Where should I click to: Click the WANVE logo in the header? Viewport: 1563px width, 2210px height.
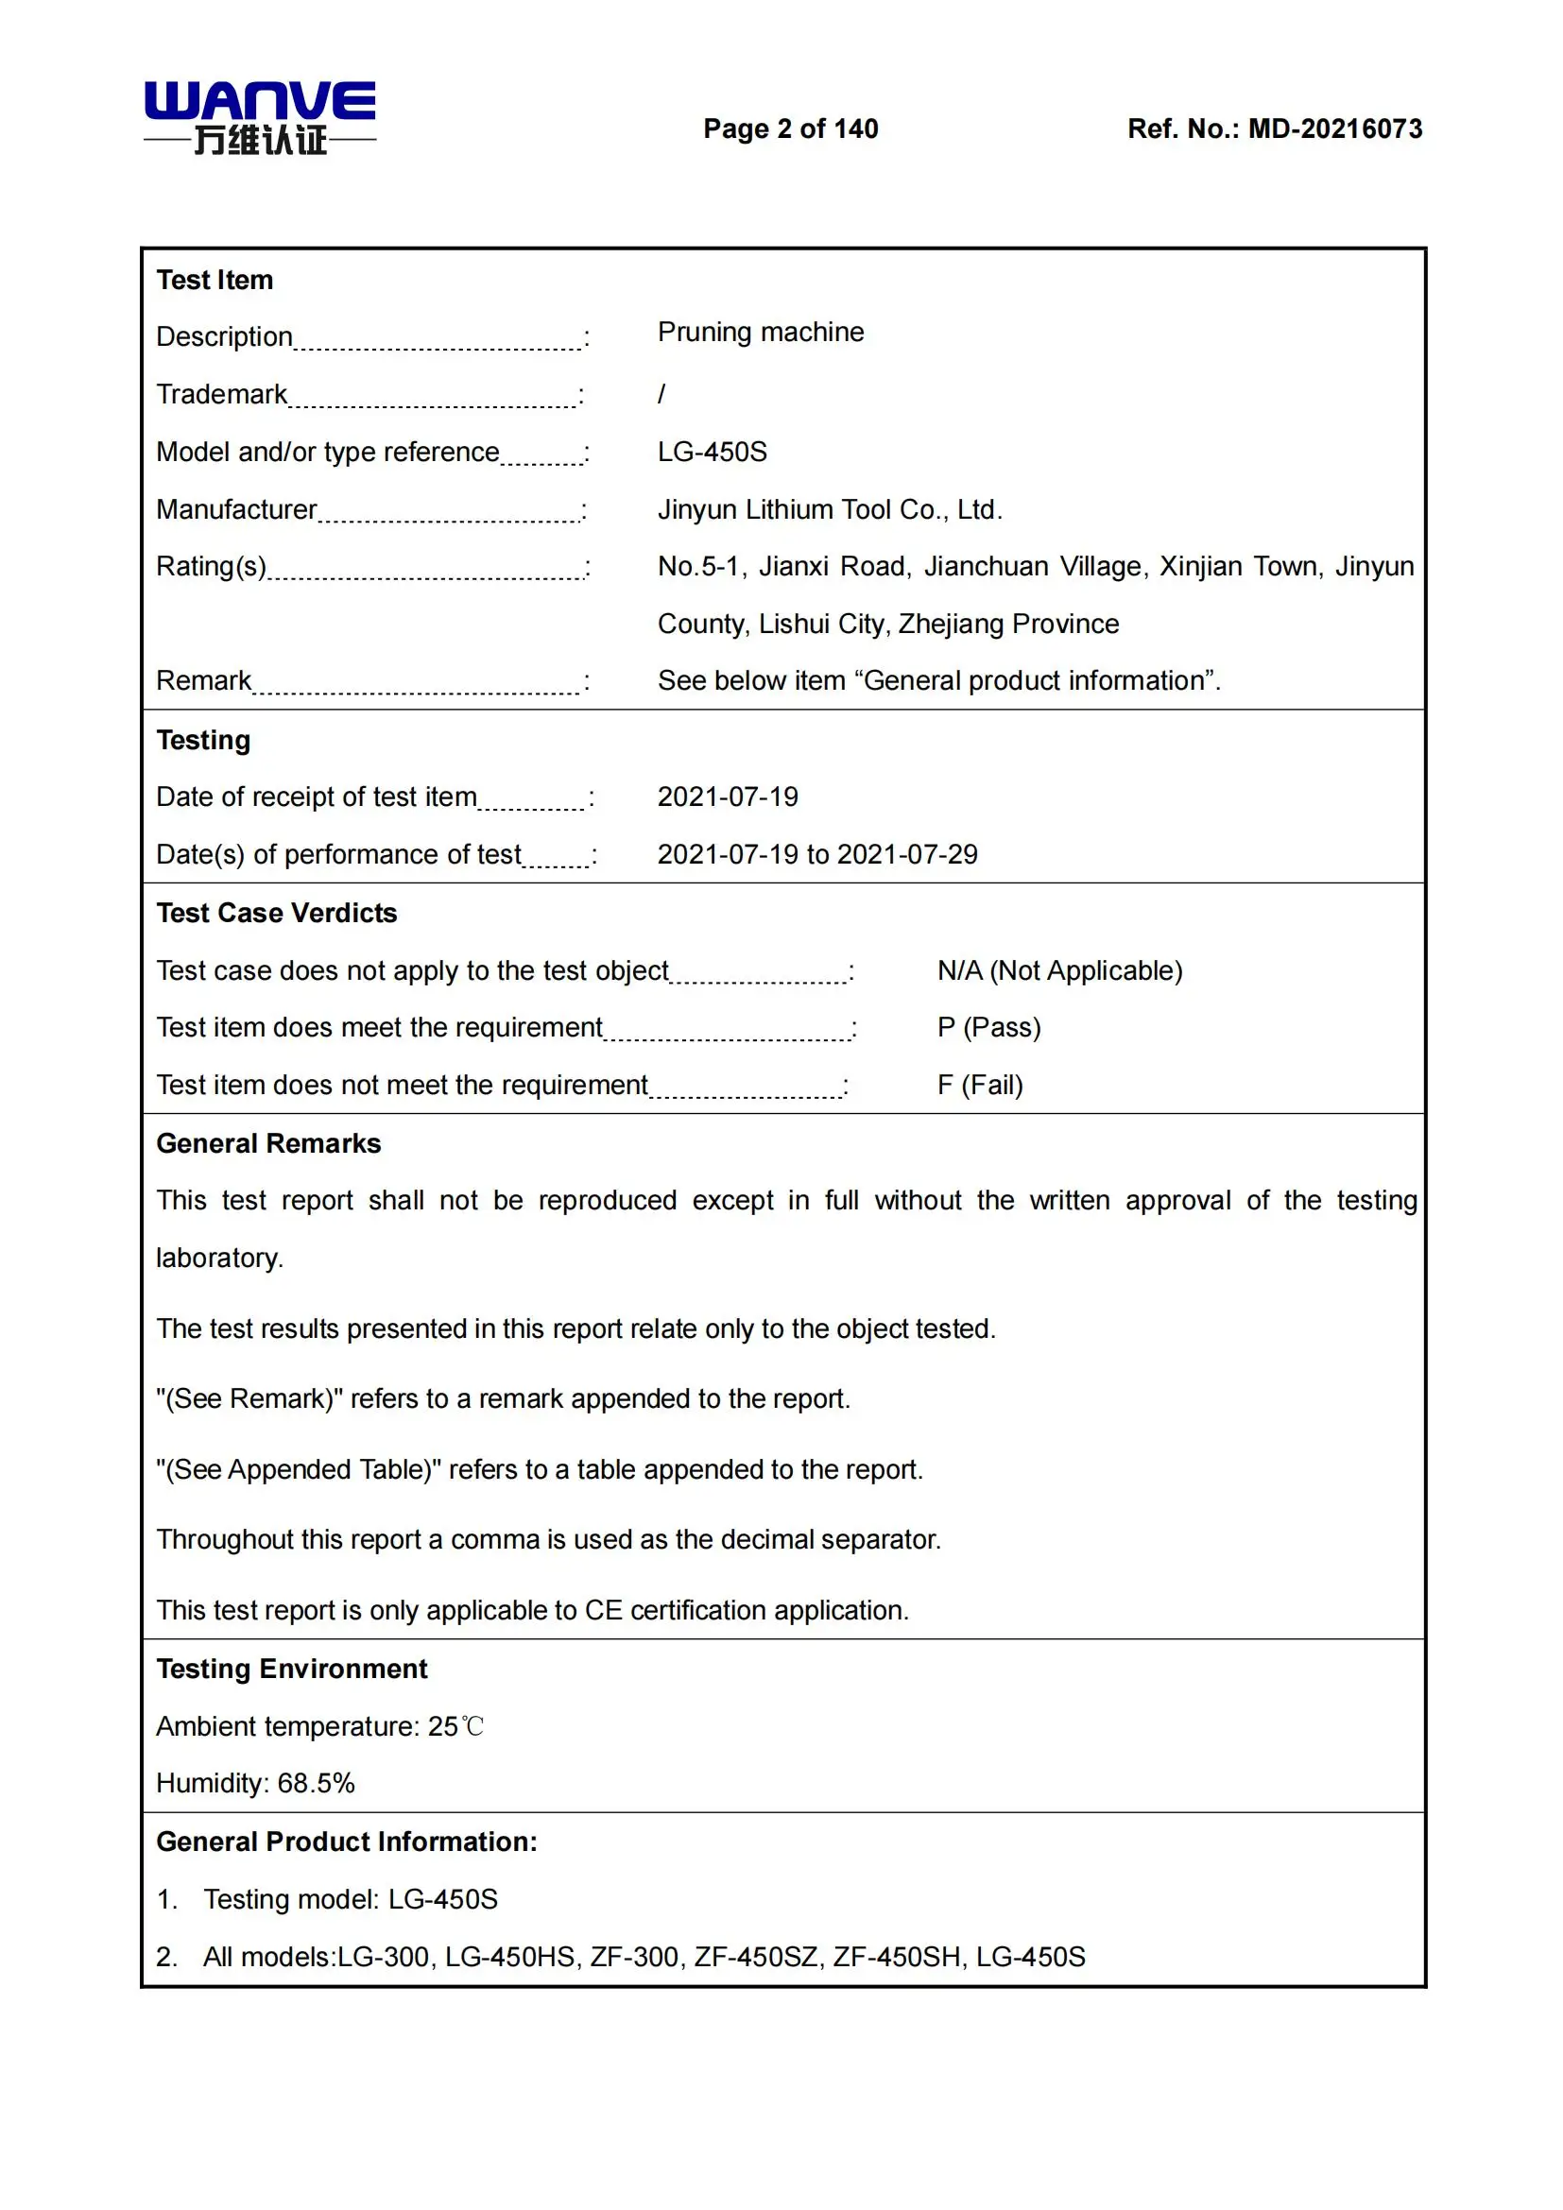click(260, 117)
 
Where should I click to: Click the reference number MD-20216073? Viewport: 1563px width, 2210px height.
click(1334, 129)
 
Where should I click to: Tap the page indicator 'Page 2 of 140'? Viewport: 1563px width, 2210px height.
click(790, 129)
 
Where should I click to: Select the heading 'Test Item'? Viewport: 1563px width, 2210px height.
click(215, 280)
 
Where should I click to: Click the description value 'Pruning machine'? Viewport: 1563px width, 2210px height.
click(761, 332)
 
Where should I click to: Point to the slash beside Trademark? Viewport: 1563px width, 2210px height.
click(661, 394)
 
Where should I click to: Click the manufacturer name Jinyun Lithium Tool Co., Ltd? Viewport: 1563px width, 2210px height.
click(830, 509)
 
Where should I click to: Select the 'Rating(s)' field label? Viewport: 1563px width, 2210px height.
click(212, 566)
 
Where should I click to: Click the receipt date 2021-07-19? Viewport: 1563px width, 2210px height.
click(728, 797)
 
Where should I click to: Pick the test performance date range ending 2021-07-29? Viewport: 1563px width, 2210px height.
click(817, 855)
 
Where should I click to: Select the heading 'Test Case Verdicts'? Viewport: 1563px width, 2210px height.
click(276, 913)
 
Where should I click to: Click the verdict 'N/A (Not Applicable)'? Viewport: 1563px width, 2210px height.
click(1059, 970)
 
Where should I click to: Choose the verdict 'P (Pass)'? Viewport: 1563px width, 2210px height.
click(988, 1028)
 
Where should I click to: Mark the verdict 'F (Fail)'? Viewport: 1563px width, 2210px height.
click(980, 1086)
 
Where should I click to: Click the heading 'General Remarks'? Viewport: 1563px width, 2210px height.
click(268, 1143)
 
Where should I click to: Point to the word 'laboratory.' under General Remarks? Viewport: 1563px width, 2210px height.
click(219, 1258)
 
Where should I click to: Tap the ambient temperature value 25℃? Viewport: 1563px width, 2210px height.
click(455, 1727)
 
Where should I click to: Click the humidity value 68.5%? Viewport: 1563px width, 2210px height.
click(316, 1784)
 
